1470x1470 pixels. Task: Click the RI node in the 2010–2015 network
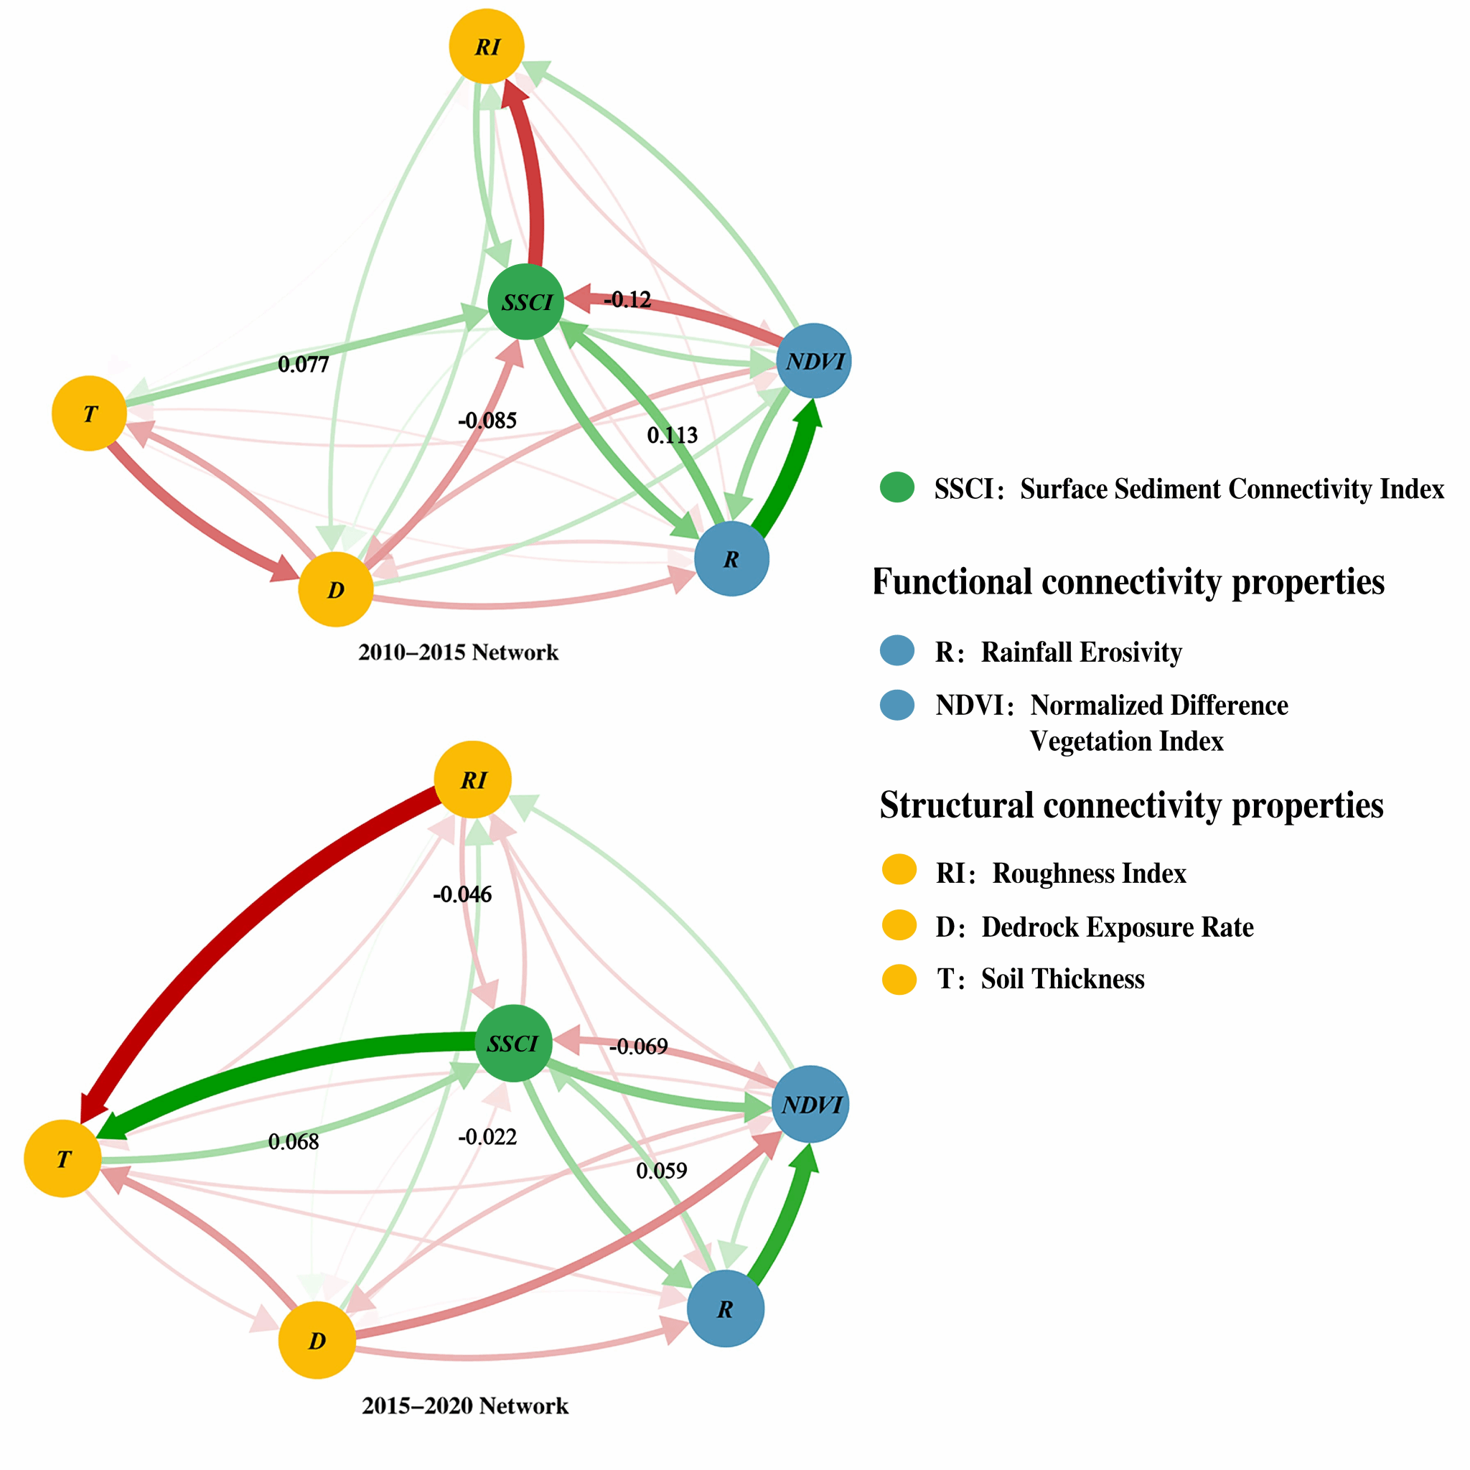pos(486,47)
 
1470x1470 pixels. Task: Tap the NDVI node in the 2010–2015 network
pos(813,360)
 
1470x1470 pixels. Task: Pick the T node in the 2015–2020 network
pos(63,1158)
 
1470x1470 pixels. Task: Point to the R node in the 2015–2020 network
pos(725,1309)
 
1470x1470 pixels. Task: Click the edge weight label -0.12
pos(628,300)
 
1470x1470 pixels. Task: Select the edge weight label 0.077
pos(303,365)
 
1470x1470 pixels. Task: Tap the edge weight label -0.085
pos(487,420)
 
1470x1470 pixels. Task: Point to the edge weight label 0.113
pos(672,435)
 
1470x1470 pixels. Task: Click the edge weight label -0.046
pos(462,894)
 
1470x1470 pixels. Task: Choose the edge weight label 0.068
pos(293,1141)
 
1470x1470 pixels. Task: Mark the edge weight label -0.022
pos(487,1137)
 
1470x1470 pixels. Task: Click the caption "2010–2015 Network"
pos(458,652)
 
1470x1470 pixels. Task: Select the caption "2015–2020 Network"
pos(465,1405)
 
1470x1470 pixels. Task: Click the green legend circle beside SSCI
pos(897,487)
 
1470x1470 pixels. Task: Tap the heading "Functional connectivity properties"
pos(1128,582)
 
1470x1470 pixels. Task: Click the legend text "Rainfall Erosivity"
pos(1081,652)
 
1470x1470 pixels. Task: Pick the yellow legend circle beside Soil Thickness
pos(899,979)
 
